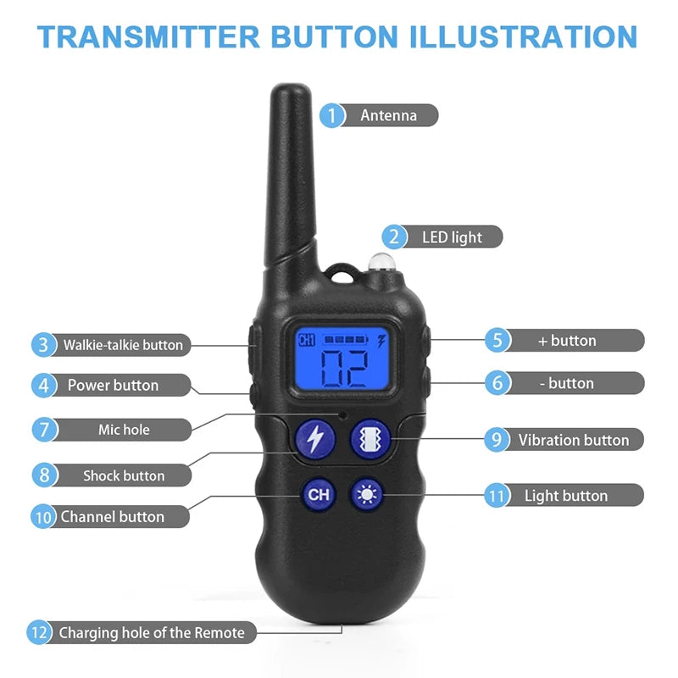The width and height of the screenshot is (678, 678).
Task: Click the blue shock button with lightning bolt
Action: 314,438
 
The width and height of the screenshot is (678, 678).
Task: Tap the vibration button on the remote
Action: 370,438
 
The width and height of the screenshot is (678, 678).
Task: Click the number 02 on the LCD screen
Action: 344,367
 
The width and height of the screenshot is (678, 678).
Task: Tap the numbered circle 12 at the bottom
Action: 39,632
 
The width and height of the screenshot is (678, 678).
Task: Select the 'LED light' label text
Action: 452,237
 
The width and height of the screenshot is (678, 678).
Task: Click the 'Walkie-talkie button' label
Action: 122,345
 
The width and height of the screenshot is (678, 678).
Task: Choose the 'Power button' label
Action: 113,386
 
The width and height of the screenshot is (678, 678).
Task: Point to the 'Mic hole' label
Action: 124,430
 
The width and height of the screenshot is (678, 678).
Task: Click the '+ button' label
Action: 567,341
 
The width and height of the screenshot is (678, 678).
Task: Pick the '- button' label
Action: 567,383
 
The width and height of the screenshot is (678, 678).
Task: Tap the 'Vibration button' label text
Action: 574,440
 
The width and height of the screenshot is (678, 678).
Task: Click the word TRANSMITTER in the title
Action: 149,36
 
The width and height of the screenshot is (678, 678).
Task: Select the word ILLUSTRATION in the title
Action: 521,36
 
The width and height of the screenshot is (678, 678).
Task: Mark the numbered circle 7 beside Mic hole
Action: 45,429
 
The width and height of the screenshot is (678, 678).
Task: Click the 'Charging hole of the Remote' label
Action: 152,632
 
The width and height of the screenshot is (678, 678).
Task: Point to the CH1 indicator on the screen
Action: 306,341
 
